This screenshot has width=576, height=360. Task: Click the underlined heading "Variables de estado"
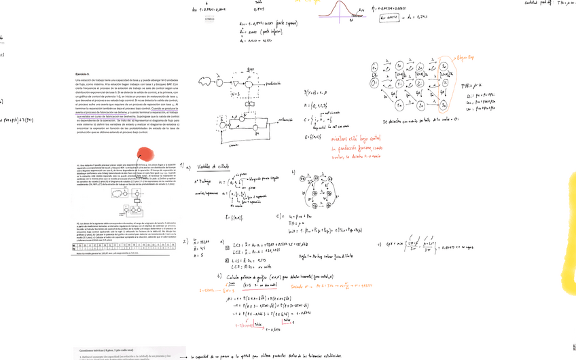point(212,166)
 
